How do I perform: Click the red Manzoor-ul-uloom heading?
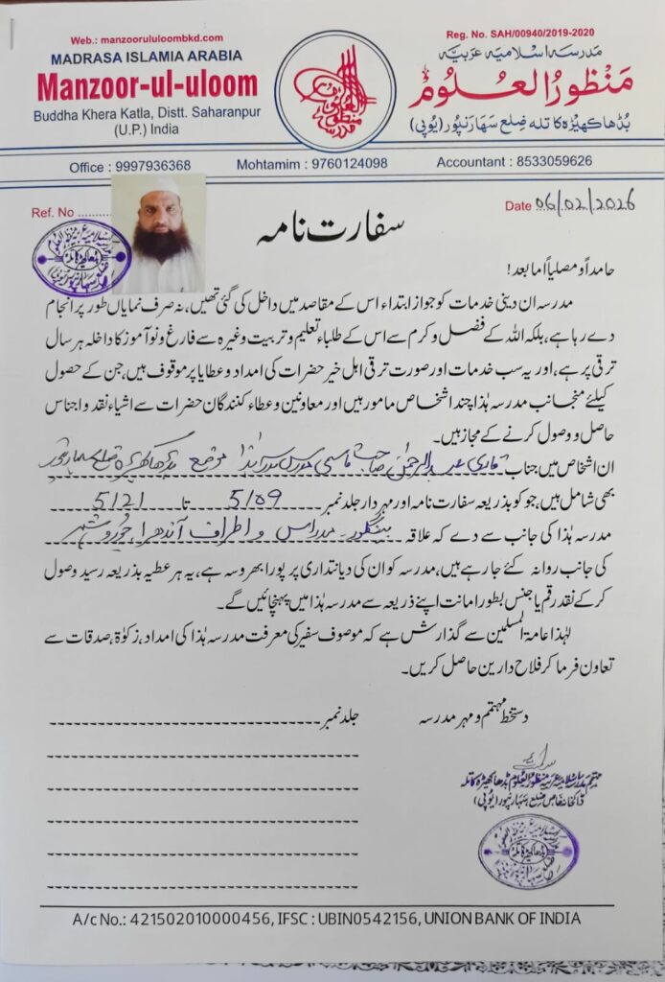pyautogui.click(x=148, y=85)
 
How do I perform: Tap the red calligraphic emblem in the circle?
pyautogui.click(x=334, y=91)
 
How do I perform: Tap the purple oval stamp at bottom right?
pyautogui.click(x=528, y=851)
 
